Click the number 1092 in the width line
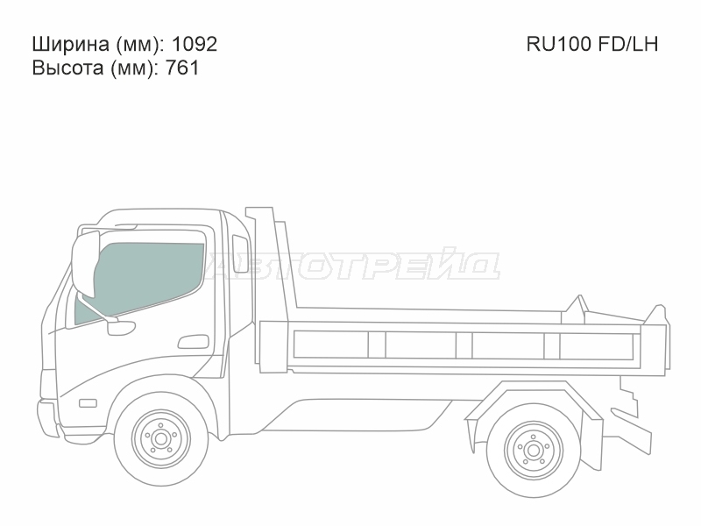pyautogui.click(x=195, y=45)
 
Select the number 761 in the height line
pyautogui.click(x=182, y=68)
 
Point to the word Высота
pyautogui.click(x=67, y=68)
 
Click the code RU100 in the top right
pyautogui.click(x=558, y=45)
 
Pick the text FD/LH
pyautogui.click(x=627, y=45)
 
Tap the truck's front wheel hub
pyautogui.click(x=159, y=439)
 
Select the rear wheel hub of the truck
pyautogui.click(x=533, y=450)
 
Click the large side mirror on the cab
pyautogui.click(x=85, y=263)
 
